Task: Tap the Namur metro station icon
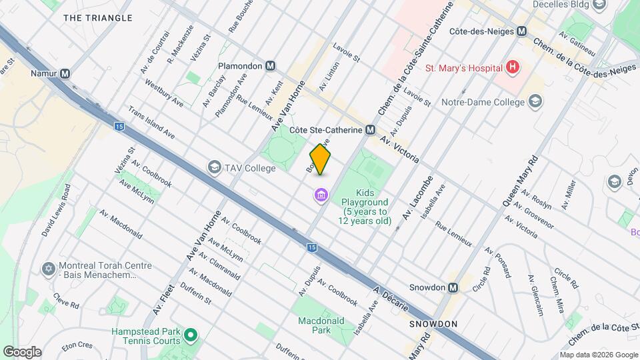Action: [65, 74]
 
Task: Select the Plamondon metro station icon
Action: [270, 66]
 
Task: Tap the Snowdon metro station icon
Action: [453, 288]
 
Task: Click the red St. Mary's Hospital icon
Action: [512, 67]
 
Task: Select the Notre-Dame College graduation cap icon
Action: [535, 101]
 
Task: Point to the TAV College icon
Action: [214, 167]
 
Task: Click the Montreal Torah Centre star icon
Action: [47, 269]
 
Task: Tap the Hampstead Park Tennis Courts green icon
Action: [191, 335]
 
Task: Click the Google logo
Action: [22, 351]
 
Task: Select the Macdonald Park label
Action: [321, 325]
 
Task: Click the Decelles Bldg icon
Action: [599, 6]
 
